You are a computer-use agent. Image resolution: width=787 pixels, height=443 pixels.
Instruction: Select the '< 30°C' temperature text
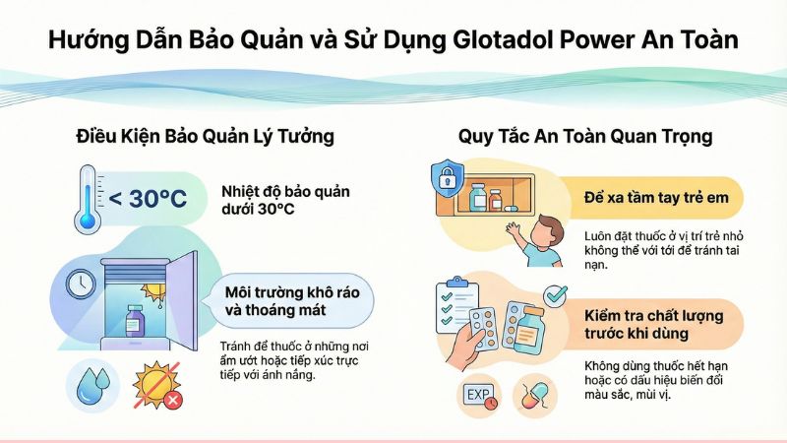pyautogui.click(x=148, y=199)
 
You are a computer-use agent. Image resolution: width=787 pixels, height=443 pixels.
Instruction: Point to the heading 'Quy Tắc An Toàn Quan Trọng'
pyautogui.click(x=584, y=136)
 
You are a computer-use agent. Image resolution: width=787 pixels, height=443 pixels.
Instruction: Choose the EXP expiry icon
pyautogui.click(x=478, y=397)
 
